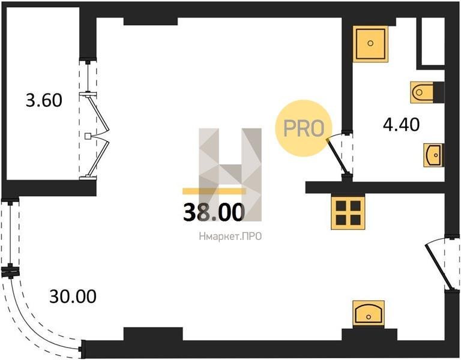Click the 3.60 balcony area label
click(44, 100)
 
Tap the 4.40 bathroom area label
click(402, 125)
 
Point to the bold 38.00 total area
click(214, 212)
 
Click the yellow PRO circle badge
click(303, 128)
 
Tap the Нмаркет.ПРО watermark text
click(230, 236)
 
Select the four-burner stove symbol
click(348, 212)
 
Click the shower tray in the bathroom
click(370, 44)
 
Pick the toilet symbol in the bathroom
click(422, 92)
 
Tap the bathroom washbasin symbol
click(433, 155)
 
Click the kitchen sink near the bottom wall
click(369, 313)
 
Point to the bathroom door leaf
click(337, 156)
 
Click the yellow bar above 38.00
click(214, 191)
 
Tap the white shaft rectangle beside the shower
click(433, 41)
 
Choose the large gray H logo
click(230, 175)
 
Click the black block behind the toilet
click(439, 92)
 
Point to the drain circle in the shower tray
click(370, 43)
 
